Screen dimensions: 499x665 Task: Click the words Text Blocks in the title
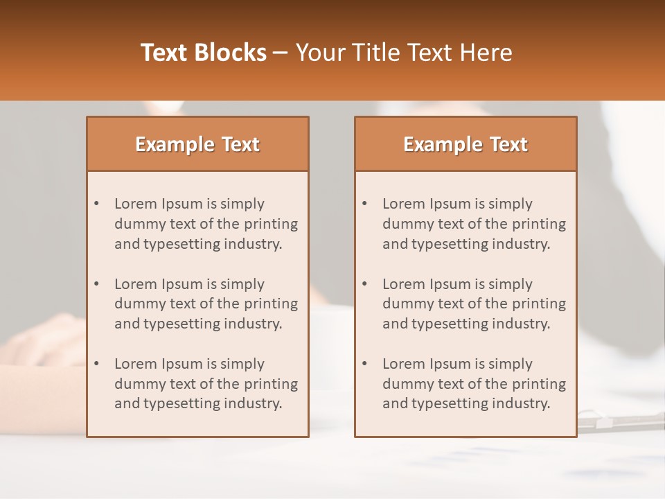(203, 53)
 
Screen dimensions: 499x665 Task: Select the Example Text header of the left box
(197, 144)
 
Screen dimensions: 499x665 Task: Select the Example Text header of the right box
(465, 144)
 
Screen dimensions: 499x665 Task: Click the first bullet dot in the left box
(97, 204)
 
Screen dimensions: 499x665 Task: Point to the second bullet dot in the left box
(97, 284)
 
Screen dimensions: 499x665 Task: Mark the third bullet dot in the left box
(97, 364)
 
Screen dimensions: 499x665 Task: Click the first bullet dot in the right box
(365, 204)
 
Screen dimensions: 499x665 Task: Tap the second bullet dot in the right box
(365, 284)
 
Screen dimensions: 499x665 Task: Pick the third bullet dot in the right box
(365, 364)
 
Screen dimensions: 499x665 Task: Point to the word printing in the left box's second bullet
(271, 304)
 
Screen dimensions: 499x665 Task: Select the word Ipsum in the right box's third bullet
(451, 364)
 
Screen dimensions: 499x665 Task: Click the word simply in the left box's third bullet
(242, 364)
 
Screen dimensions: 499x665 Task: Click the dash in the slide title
(281, 53)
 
